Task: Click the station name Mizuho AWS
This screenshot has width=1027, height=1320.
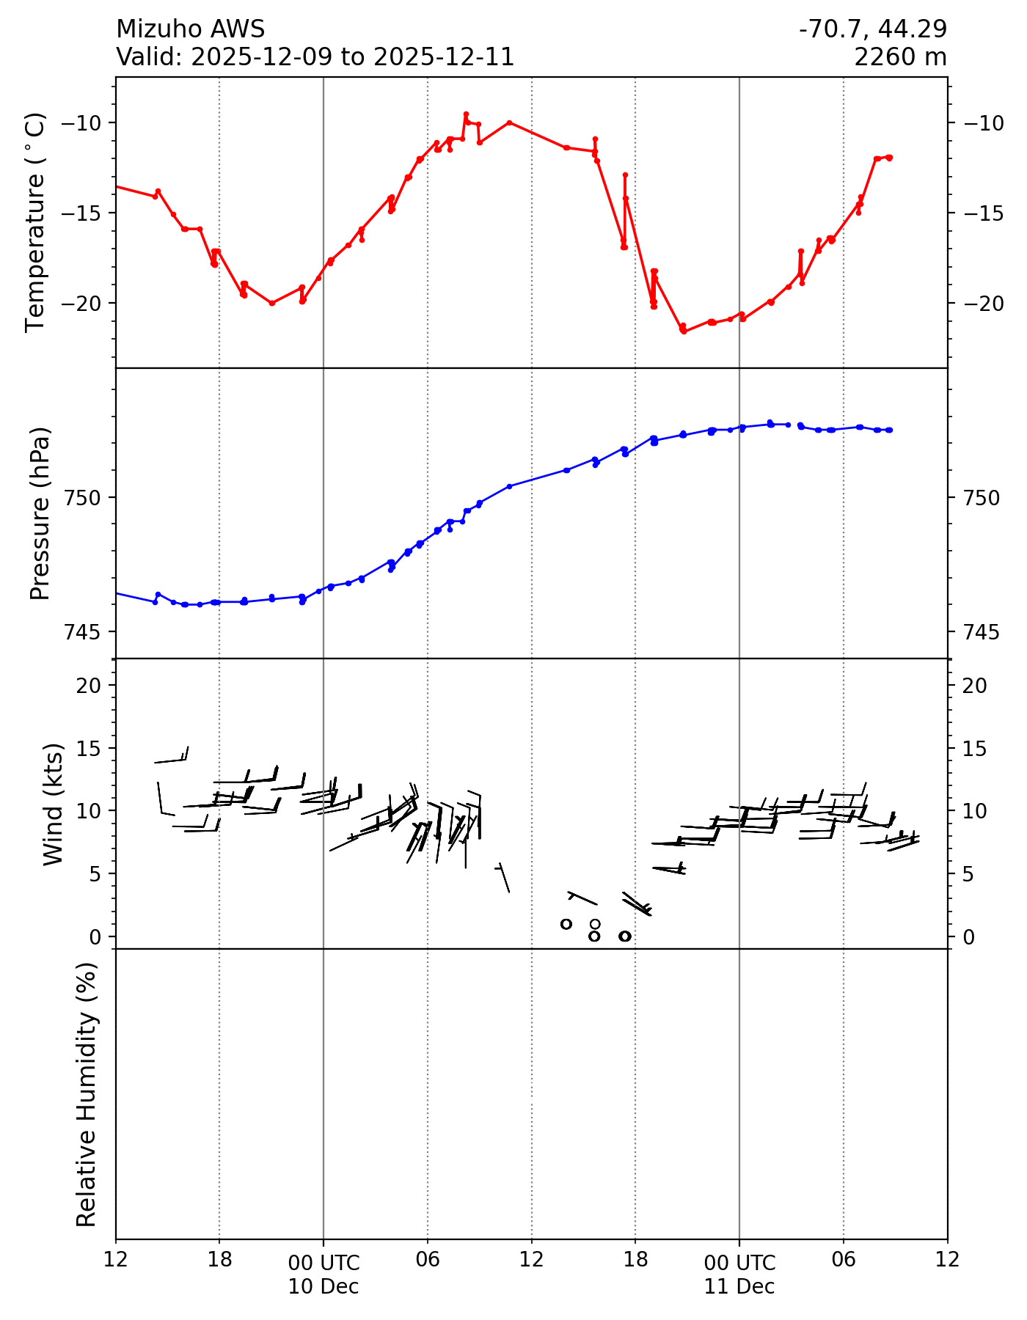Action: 190,29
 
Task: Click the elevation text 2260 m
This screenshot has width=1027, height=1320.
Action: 900,57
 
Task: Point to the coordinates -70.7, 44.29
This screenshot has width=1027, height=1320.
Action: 873,29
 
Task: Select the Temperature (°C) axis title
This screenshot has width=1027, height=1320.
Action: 35,222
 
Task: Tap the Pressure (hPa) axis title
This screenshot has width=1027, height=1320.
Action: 40,513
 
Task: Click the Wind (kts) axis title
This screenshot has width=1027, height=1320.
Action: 53,804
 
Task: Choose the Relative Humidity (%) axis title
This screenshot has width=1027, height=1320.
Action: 87,1094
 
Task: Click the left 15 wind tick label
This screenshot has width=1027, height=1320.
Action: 91,749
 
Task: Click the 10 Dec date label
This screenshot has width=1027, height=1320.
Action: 324,1286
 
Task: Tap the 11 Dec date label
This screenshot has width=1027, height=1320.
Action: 739,1286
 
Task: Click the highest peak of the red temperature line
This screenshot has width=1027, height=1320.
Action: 466,114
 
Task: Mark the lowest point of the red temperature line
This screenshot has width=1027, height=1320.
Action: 684,331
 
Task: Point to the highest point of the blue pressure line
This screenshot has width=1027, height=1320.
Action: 770,422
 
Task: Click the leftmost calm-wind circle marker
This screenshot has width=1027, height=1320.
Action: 566,924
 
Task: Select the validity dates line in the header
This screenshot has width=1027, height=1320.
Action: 315,57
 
